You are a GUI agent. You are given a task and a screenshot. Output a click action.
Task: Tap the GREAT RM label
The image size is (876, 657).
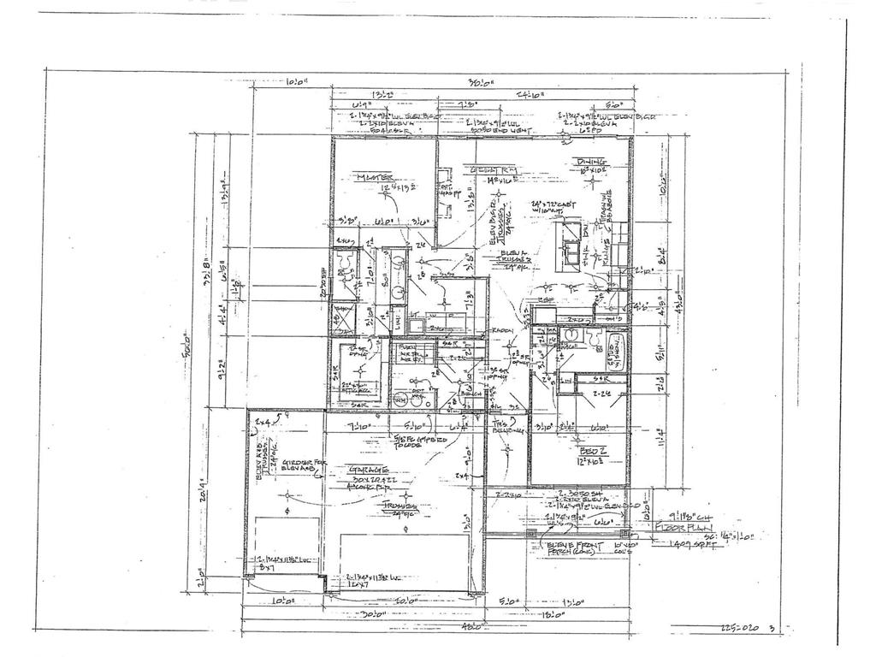[x=489, y=171]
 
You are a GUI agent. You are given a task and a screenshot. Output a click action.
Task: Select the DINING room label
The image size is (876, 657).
[x=591, y=162]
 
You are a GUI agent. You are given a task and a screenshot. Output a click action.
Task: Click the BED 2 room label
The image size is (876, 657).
[x=593, y=451]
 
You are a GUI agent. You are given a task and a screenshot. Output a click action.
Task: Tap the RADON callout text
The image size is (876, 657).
[x=500, y=331]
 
